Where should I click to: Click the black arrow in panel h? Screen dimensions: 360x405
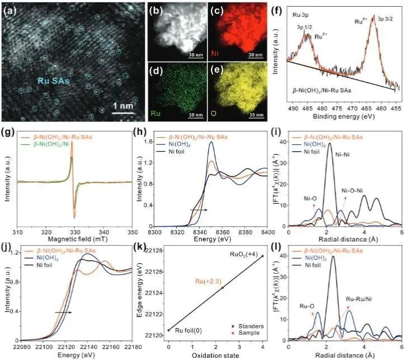pos(199,209)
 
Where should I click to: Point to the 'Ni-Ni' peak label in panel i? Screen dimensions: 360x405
pos(341,166)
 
